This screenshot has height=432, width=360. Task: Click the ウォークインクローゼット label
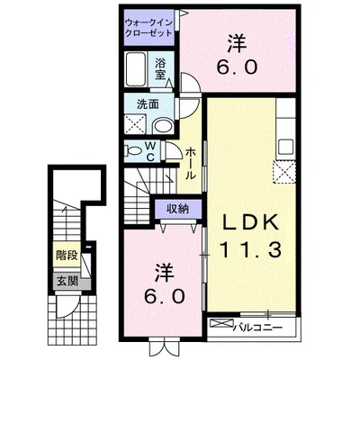148,28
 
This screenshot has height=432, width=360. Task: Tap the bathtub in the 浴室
136,69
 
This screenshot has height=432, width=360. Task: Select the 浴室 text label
160,69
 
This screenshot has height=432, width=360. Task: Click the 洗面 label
148,104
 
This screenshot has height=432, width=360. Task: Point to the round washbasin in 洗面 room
163,126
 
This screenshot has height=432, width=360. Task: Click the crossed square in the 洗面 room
135,123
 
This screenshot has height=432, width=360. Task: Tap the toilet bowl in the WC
133,151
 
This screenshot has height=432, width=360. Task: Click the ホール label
190,164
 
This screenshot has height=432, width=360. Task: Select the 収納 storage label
178,209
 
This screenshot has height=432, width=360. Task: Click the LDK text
250,223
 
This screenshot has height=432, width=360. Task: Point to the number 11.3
251,250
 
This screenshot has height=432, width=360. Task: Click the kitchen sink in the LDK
285,147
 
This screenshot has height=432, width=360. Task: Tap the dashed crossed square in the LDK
284,172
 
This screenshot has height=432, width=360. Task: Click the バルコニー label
258,327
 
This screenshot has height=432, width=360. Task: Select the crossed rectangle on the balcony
221,323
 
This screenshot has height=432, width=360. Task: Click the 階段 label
67,256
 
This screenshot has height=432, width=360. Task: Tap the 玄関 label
67,281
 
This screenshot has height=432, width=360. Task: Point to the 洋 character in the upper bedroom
237,44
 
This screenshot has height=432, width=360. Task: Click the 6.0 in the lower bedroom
164,297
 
